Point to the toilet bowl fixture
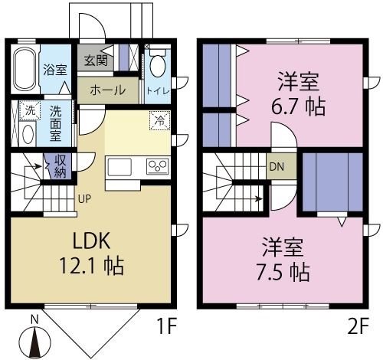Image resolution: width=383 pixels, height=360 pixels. (x=157, y=64)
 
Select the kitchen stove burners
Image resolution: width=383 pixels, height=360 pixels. (x=158, y=165)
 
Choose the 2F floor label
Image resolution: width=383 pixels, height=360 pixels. (x=357, y=328)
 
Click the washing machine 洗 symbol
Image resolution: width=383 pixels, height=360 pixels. (x=27, y=110)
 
